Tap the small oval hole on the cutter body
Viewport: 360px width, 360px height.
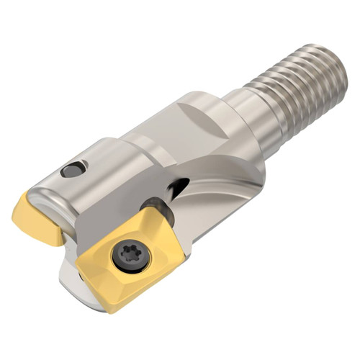[x=73, y=170]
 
